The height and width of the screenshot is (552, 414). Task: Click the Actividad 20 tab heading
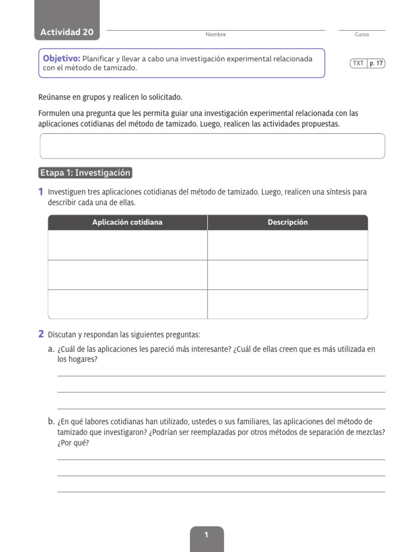point(67,32)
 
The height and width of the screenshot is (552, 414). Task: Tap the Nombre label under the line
point(216,34)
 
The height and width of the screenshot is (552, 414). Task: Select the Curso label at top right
point(362,34)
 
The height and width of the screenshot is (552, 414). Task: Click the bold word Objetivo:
point(61,58)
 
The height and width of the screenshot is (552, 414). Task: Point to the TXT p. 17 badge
point(367,63)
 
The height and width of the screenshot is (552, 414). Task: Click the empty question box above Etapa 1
point(212,146)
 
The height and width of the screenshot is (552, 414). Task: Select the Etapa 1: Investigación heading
point(85,173)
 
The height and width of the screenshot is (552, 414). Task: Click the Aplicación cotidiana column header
point(127,222)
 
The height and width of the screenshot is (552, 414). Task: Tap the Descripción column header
point(287,222)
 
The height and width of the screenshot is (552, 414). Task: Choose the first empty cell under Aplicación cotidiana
point(127,245)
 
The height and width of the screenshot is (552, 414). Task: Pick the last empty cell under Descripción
point(287,304)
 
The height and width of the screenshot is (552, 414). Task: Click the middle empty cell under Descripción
point(287,275)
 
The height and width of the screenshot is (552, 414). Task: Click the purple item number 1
point(41,192)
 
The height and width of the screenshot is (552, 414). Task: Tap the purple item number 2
point(41,334)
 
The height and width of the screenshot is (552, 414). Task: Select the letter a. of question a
point(51,349)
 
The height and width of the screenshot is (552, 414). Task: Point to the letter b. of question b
point(51,422)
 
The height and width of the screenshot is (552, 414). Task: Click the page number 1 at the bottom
point(206,535)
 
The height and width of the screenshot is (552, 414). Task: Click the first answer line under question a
point(221,376)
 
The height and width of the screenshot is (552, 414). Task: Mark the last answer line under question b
point(221,492)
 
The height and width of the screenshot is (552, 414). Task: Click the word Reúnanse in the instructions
point(54,98)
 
